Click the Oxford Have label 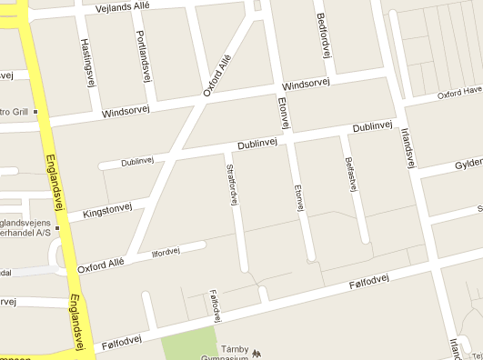tap(458, 93)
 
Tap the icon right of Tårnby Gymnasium tap(257, 352)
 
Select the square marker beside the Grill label tap(36, 112)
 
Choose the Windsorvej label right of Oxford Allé tap(306, 84)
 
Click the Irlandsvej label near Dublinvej tap(408, 145)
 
